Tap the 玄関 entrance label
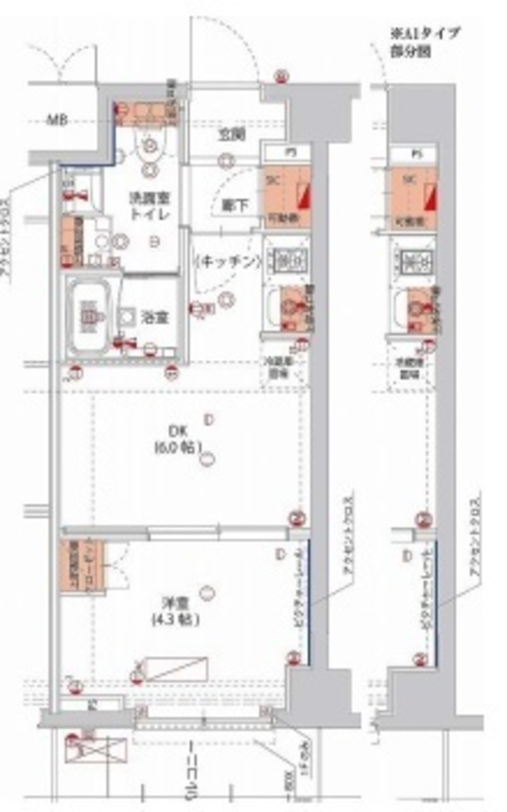click(x=232, y=133)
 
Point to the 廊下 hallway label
click(x=236, y=205)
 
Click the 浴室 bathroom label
click(x=155, y=317)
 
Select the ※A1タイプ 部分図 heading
click(x=425, y=41)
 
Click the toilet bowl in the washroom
click(x=150, y=146)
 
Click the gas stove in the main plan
click(x=283, y=259)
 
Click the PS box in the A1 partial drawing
click(x=415, y=152)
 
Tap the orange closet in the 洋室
click(x=82, y=566)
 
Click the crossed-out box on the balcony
click(x=96, y=749)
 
